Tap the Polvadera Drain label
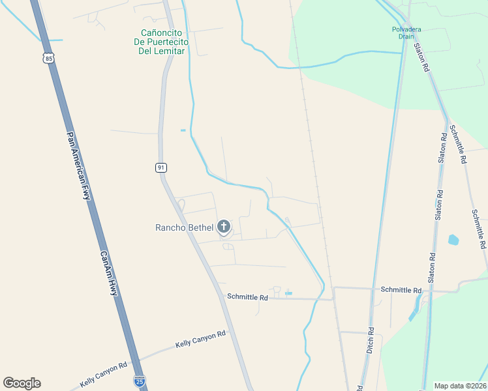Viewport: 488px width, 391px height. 407,33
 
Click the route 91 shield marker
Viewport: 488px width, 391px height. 161,167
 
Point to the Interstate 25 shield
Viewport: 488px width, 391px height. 139,381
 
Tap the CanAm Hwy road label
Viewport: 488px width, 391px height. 109,274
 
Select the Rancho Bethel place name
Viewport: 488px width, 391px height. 184,227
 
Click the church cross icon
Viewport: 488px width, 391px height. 224,227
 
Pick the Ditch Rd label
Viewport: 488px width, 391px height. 371,340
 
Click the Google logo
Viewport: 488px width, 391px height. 22,383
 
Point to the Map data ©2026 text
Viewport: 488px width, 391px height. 460,385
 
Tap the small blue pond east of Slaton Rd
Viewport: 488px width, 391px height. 453,240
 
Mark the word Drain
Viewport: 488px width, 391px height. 407,37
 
